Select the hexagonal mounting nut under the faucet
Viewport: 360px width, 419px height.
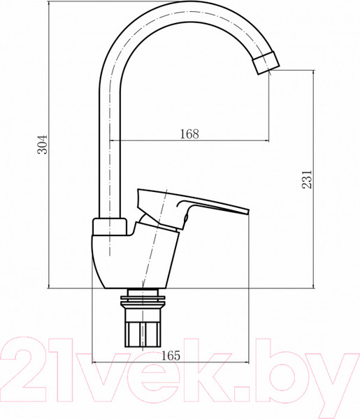(143, 328)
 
